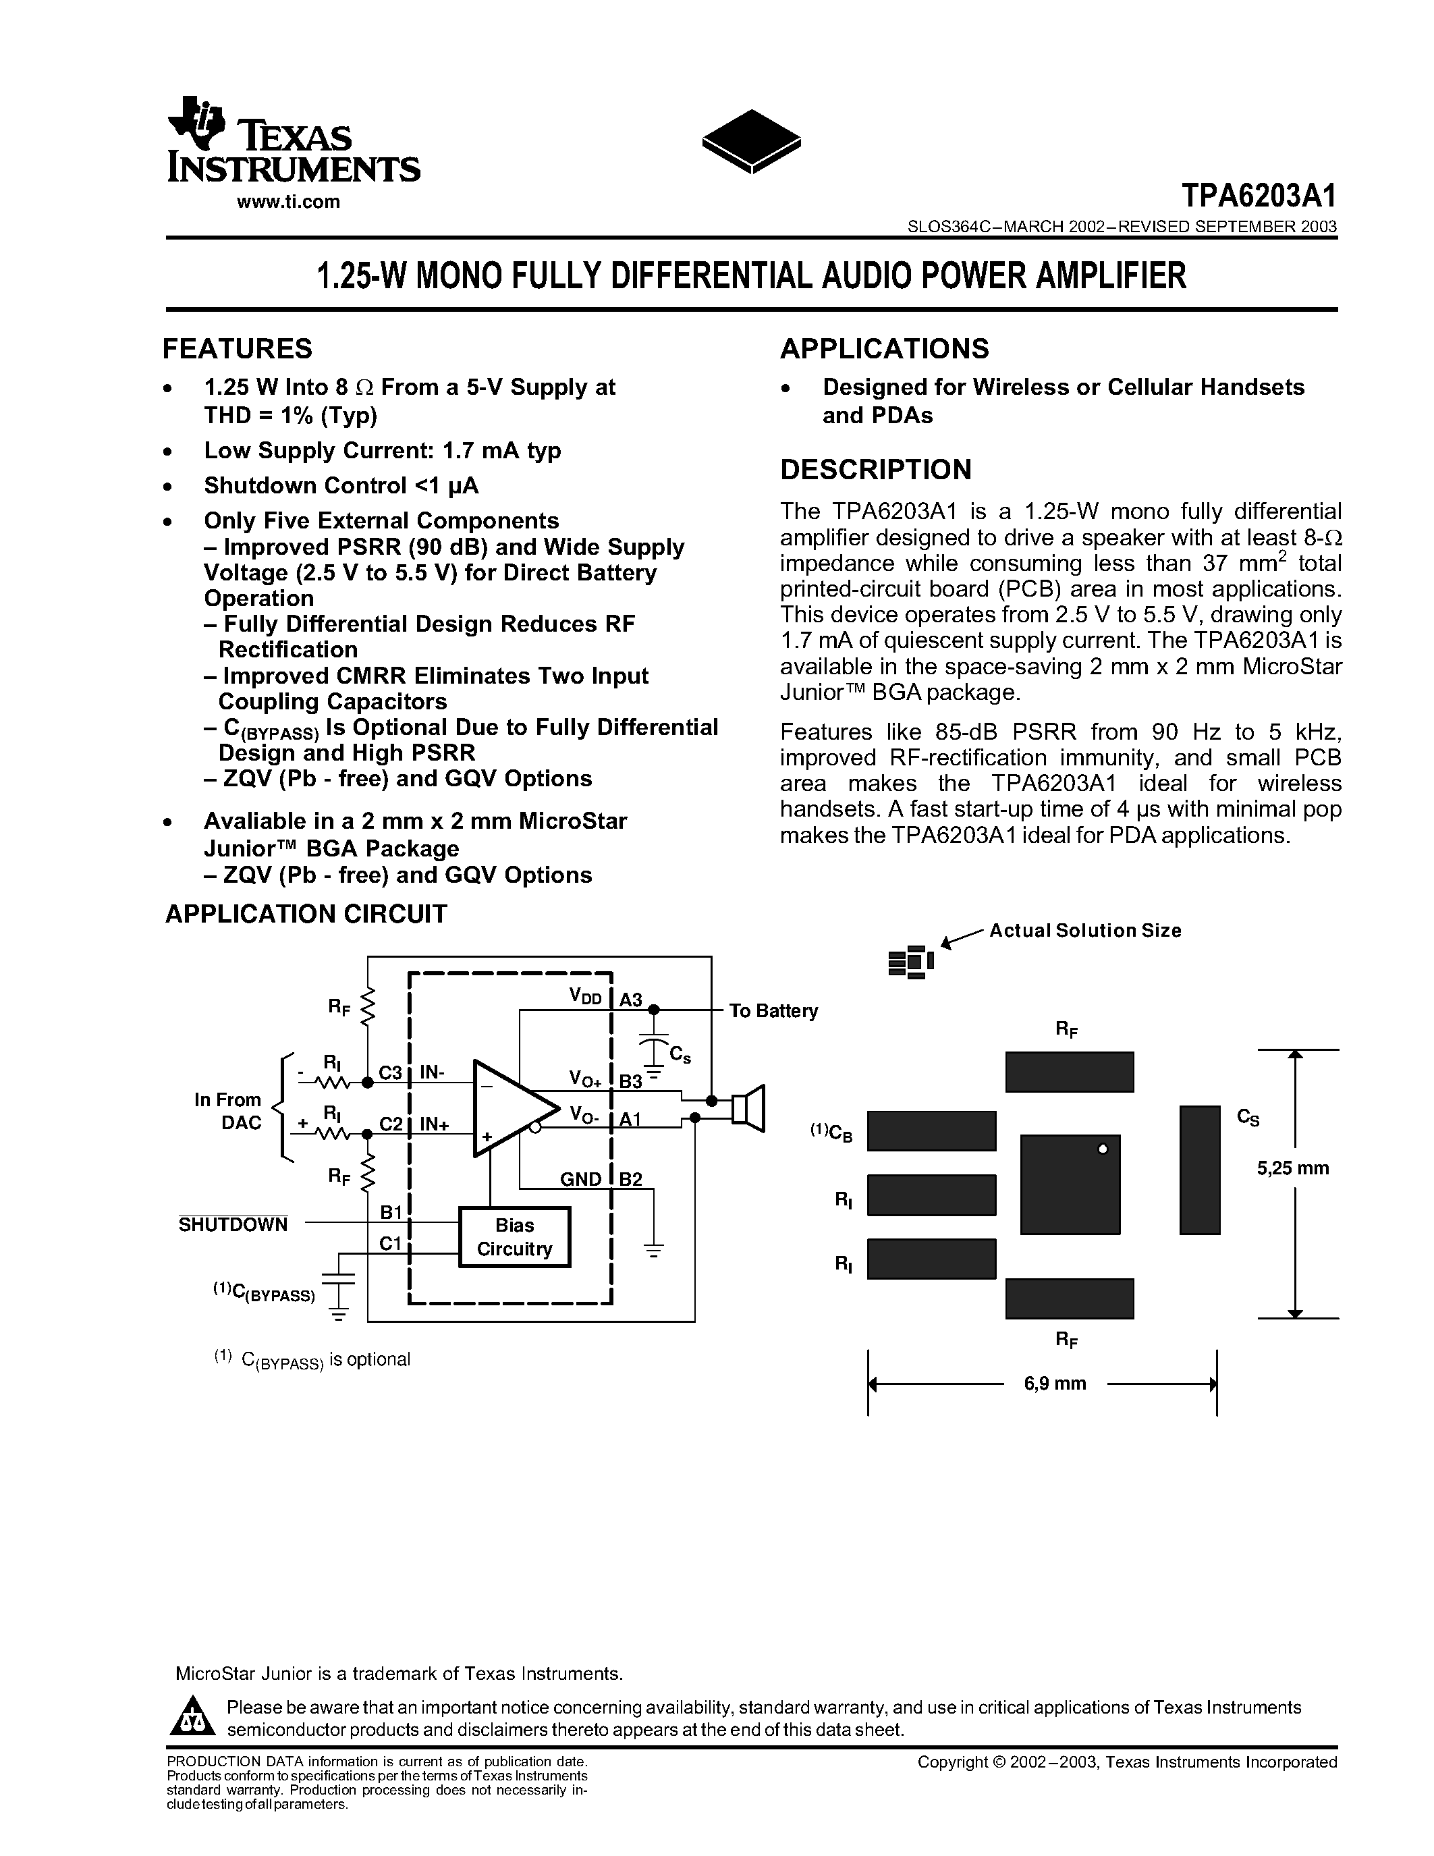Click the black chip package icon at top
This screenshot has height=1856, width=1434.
coord(751,141)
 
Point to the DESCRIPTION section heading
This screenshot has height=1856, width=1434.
coord(875,470)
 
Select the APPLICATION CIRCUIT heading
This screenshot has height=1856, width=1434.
coord(306,915)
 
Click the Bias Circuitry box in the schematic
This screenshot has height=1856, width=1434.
coord(514,1237)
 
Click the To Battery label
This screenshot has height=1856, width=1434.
coord(773,1011)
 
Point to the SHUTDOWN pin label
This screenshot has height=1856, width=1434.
coord(233,1224)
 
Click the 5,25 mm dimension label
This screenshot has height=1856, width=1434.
coord(1293,1168)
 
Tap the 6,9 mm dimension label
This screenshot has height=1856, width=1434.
coord(1055,1384)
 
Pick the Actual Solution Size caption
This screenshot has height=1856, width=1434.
coord(1085,931)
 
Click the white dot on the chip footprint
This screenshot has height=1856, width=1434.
coord(1103,1150)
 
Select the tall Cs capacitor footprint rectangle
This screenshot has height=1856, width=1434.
coord(1200,1170)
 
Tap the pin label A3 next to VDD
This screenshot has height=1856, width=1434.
coord(630,1000)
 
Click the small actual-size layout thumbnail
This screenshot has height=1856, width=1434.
coord(910,961)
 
